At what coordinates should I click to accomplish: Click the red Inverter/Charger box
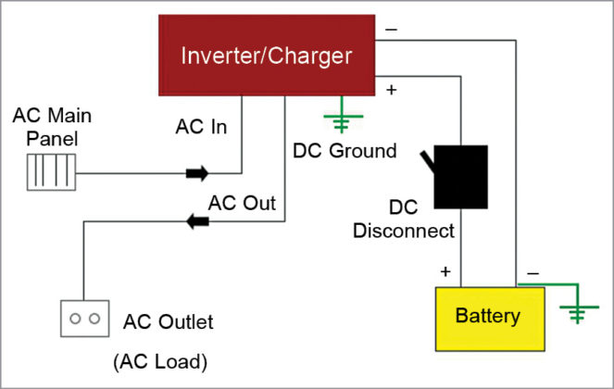click(x=267, y=56)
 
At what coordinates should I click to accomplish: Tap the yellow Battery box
click(x=487, y=317)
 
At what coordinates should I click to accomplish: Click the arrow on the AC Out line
click(x=197, y=221)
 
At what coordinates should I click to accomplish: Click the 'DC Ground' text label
click(x=345, y=151)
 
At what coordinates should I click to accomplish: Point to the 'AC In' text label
click(x=201, y=128)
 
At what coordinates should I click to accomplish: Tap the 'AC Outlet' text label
click(x=168, y=322)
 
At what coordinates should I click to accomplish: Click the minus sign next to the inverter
click(x=391, y=31)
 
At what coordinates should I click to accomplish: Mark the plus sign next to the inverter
click(x=391, y=91)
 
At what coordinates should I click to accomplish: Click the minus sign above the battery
click(x=532, y=273)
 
